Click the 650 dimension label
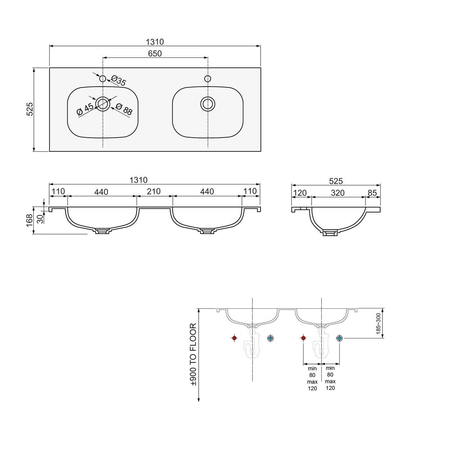click(x=155, y=54)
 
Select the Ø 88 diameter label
click(x=124, y=109)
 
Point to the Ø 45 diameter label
click(x=85, y=109)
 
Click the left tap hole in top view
click(x=103, y=78)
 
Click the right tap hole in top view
click(x=208, y=78)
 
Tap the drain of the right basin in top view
click(x=208, y=104)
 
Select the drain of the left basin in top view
click(x=103, y=104)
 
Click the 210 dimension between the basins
click(x=154, y=191)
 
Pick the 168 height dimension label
click(x=29, y=220)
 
